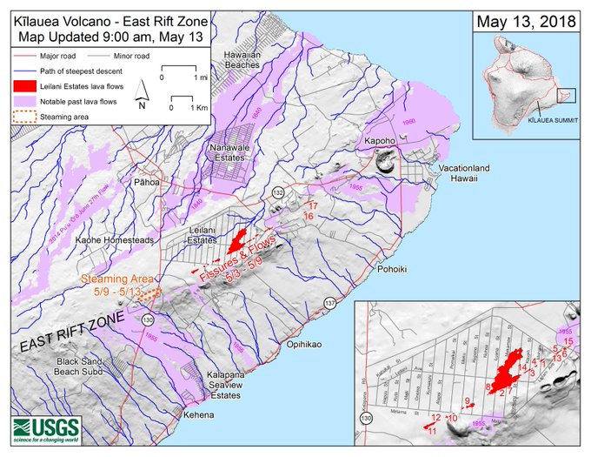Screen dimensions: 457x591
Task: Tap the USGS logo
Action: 46,430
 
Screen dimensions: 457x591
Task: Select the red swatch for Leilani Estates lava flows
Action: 24,88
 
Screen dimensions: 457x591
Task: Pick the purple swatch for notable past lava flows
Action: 24,102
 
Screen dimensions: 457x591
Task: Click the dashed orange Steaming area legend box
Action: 24,116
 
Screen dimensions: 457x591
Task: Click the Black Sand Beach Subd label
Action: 78,366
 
